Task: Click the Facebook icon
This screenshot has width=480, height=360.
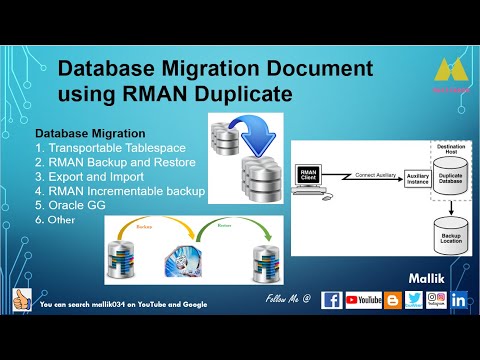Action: tap(331, 299)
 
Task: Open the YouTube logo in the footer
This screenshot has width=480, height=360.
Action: tap(364, 299)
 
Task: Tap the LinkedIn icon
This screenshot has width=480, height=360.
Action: tap(459, 299)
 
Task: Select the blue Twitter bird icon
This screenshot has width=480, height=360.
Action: tap(414, 299)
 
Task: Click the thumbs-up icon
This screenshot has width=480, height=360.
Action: tap(19, 299)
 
